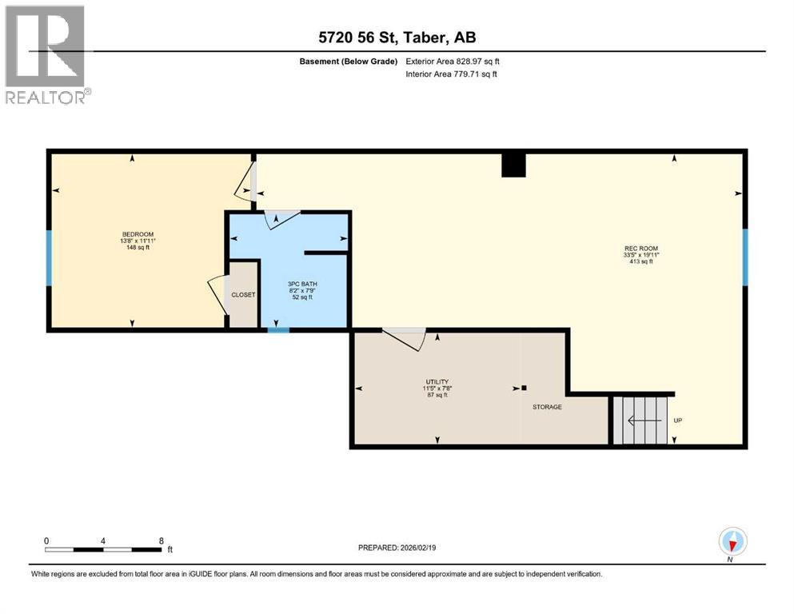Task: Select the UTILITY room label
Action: click(437, 382)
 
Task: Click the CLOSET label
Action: click(243, 295)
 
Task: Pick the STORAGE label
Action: click(548, 407)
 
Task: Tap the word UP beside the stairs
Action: click(678, 421)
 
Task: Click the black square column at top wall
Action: click(513, 164)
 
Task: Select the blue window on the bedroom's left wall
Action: click(49, 257)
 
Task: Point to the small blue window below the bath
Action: click(277, 329)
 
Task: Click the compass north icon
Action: click(732, 542)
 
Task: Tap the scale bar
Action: click(104, 549)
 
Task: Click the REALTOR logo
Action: click(46, 55)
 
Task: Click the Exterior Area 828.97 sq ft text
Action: click(453, 61)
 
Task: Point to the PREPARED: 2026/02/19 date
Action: click(397, 548)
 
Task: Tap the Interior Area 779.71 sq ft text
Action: click(453, 74)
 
